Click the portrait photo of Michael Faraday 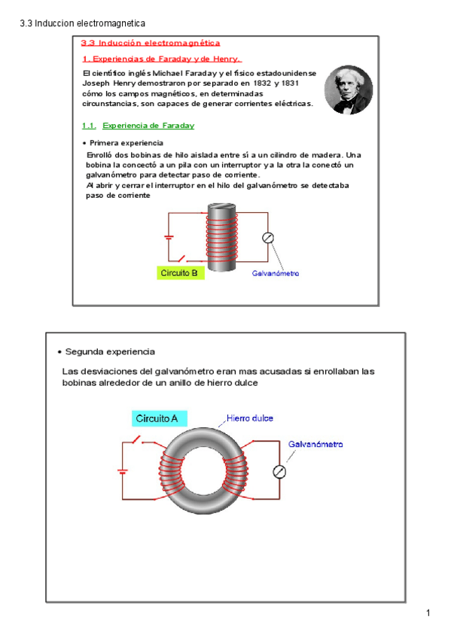point(349,90)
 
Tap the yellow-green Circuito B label point(180,273)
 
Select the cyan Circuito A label point(159,418)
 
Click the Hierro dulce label point(249,418)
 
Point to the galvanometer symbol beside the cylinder point(268,238)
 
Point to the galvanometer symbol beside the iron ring point(279,472)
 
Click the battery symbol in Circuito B point(169,237)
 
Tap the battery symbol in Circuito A point(123,472)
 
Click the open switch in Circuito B point(181,258)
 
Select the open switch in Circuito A point(137,439)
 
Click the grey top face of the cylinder point(222,208)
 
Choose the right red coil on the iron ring point(235,470)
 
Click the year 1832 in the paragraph point(262,83)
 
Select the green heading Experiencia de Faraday point(148,126)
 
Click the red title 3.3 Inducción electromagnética point(150,43)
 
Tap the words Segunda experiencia point(110,351)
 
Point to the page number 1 point(428,612)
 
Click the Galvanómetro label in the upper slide point(276,273)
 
